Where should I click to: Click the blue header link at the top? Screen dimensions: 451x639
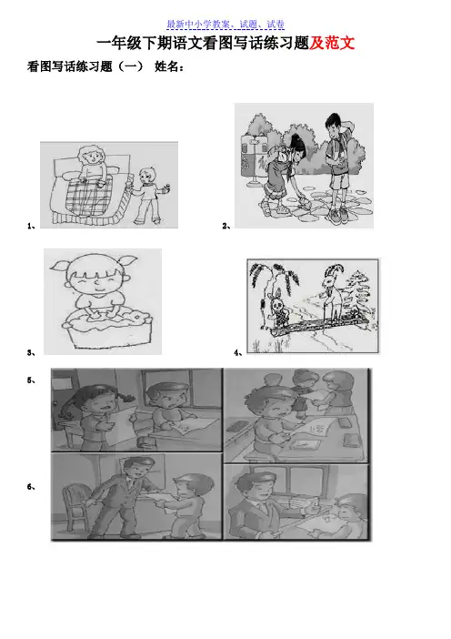click(x=225, y=25)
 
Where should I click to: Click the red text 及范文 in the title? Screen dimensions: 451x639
click(x=332, y=43)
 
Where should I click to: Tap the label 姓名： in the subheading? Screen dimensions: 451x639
click(x=169, y=66)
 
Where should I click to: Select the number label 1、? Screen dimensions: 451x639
click(x=31, y=226)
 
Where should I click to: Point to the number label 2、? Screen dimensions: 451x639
click(x=226, y=226)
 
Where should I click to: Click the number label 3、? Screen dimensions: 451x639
click(x=31, y=352)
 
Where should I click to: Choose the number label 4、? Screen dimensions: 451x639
click(x=238, y=352)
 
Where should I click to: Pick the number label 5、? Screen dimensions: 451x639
click(x=31, y=380)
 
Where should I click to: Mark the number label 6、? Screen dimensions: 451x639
click(x=31, y=486)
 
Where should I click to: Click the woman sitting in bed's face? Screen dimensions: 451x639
click(x=93, y=157)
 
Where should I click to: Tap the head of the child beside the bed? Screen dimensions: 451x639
click(x=145, y=175)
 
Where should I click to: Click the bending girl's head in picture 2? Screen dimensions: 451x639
click(x=298, y=148)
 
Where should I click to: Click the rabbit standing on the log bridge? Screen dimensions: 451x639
click(x=277, y=309)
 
